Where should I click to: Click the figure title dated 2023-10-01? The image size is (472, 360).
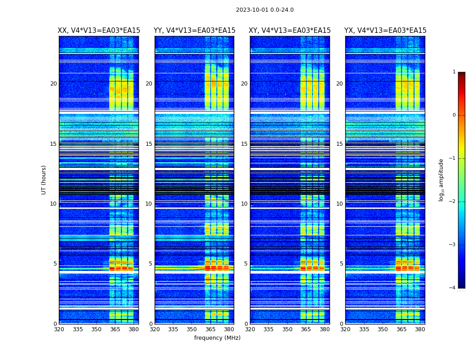tap(265, 10)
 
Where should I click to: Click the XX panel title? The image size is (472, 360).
tap(99, 31)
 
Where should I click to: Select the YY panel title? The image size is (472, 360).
tap(194, 31)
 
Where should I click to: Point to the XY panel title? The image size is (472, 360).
tap(289, 31)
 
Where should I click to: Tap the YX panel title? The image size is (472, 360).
tap(385, 31)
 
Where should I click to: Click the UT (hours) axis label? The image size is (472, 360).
tap(44, 180)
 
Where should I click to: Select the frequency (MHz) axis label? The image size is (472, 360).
tap(217, 338)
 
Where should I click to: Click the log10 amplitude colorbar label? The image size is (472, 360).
tap(441, 180)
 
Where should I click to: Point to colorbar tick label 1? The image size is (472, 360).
tap(454, 72)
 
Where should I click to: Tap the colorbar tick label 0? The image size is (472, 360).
tap(454, 115)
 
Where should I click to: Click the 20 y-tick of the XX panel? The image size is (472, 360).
tap(53, 84)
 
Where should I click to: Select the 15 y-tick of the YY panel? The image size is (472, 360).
tap(149, 144)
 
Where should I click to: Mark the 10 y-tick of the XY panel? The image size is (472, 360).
tap(244, 204)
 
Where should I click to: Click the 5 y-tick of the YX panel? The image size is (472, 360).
tap(341, 264)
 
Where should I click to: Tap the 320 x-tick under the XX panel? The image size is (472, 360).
tap(59, 329)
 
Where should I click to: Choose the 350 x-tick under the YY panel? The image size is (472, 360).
tap(192, 329)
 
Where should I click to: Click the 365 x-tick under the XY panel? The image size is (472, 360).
tap(306, 329)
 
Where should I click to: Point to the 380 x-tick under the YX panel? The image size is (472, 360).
tap(420, 329)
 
